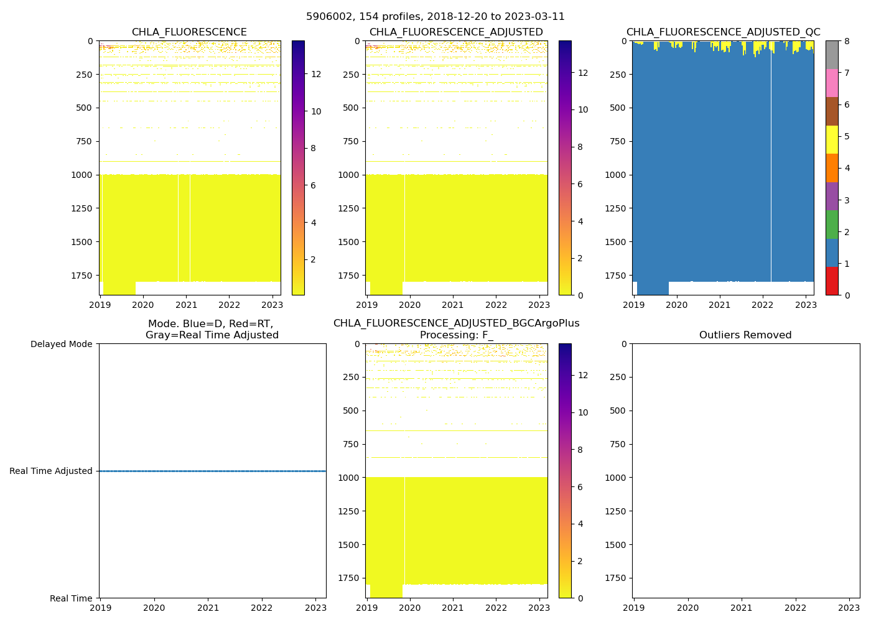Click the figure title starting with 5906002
click(435, 17)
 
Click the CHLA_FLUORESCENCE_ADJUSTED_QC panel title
click(723, 32)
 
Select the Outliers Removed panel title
click(745, 335)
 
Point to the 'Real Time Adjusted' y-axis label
click(51, 471)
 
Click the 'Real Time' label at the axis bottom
click(71, 598)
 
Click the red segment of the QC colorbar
click(832, 281)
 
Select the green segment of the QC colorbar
click(832, 225)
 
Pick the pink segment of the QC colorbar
click(832, 83)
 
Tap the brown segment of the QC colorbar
click(832, 111)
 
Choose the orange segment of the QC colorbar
click(832, 168)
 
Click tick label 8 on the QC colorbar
click(845, 41)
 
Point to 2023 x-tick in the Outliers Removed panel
click(849, 608)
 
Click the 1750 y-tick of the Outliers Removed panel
click(617, 578)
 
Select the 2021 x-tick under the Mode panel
click(208, 608)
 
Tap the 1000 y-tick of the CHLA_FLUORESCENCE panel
click(82, 175)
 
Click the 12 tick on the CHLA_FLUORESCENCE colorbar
click(316, 75)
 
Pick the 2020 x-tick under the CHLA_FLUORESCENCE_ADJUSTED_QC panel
click(677, 305)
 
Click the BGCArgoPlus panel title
click(456, 329)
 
